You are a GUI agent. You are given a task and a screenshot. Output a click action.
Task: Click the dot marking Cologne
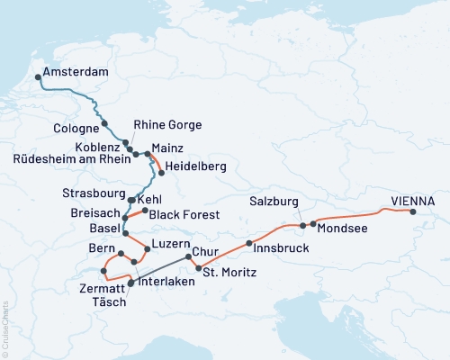point(104,123)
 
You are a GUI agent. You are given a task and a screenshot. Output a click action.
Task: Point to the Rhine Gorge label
point(167,124)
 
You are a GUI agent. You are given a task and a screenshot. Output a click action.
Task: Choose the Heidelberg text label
point(195,167)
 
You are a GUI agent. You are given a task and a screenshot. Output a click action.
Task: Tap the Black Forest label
point(182,214)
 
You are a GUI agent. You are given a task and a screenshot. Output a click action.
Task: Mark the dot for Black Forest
point(144,210)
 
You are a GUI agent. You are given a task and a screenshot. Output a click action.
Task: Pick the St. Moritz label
point(230,272)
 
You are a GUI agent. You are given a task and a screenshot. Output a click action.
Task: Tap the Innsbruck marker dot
point(248,243)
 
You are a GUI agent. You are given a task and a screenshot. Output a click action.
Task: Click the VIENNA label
point(413,201)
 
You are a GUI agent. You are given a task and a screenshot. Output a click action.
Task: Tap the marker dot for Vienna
point(413,212)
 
